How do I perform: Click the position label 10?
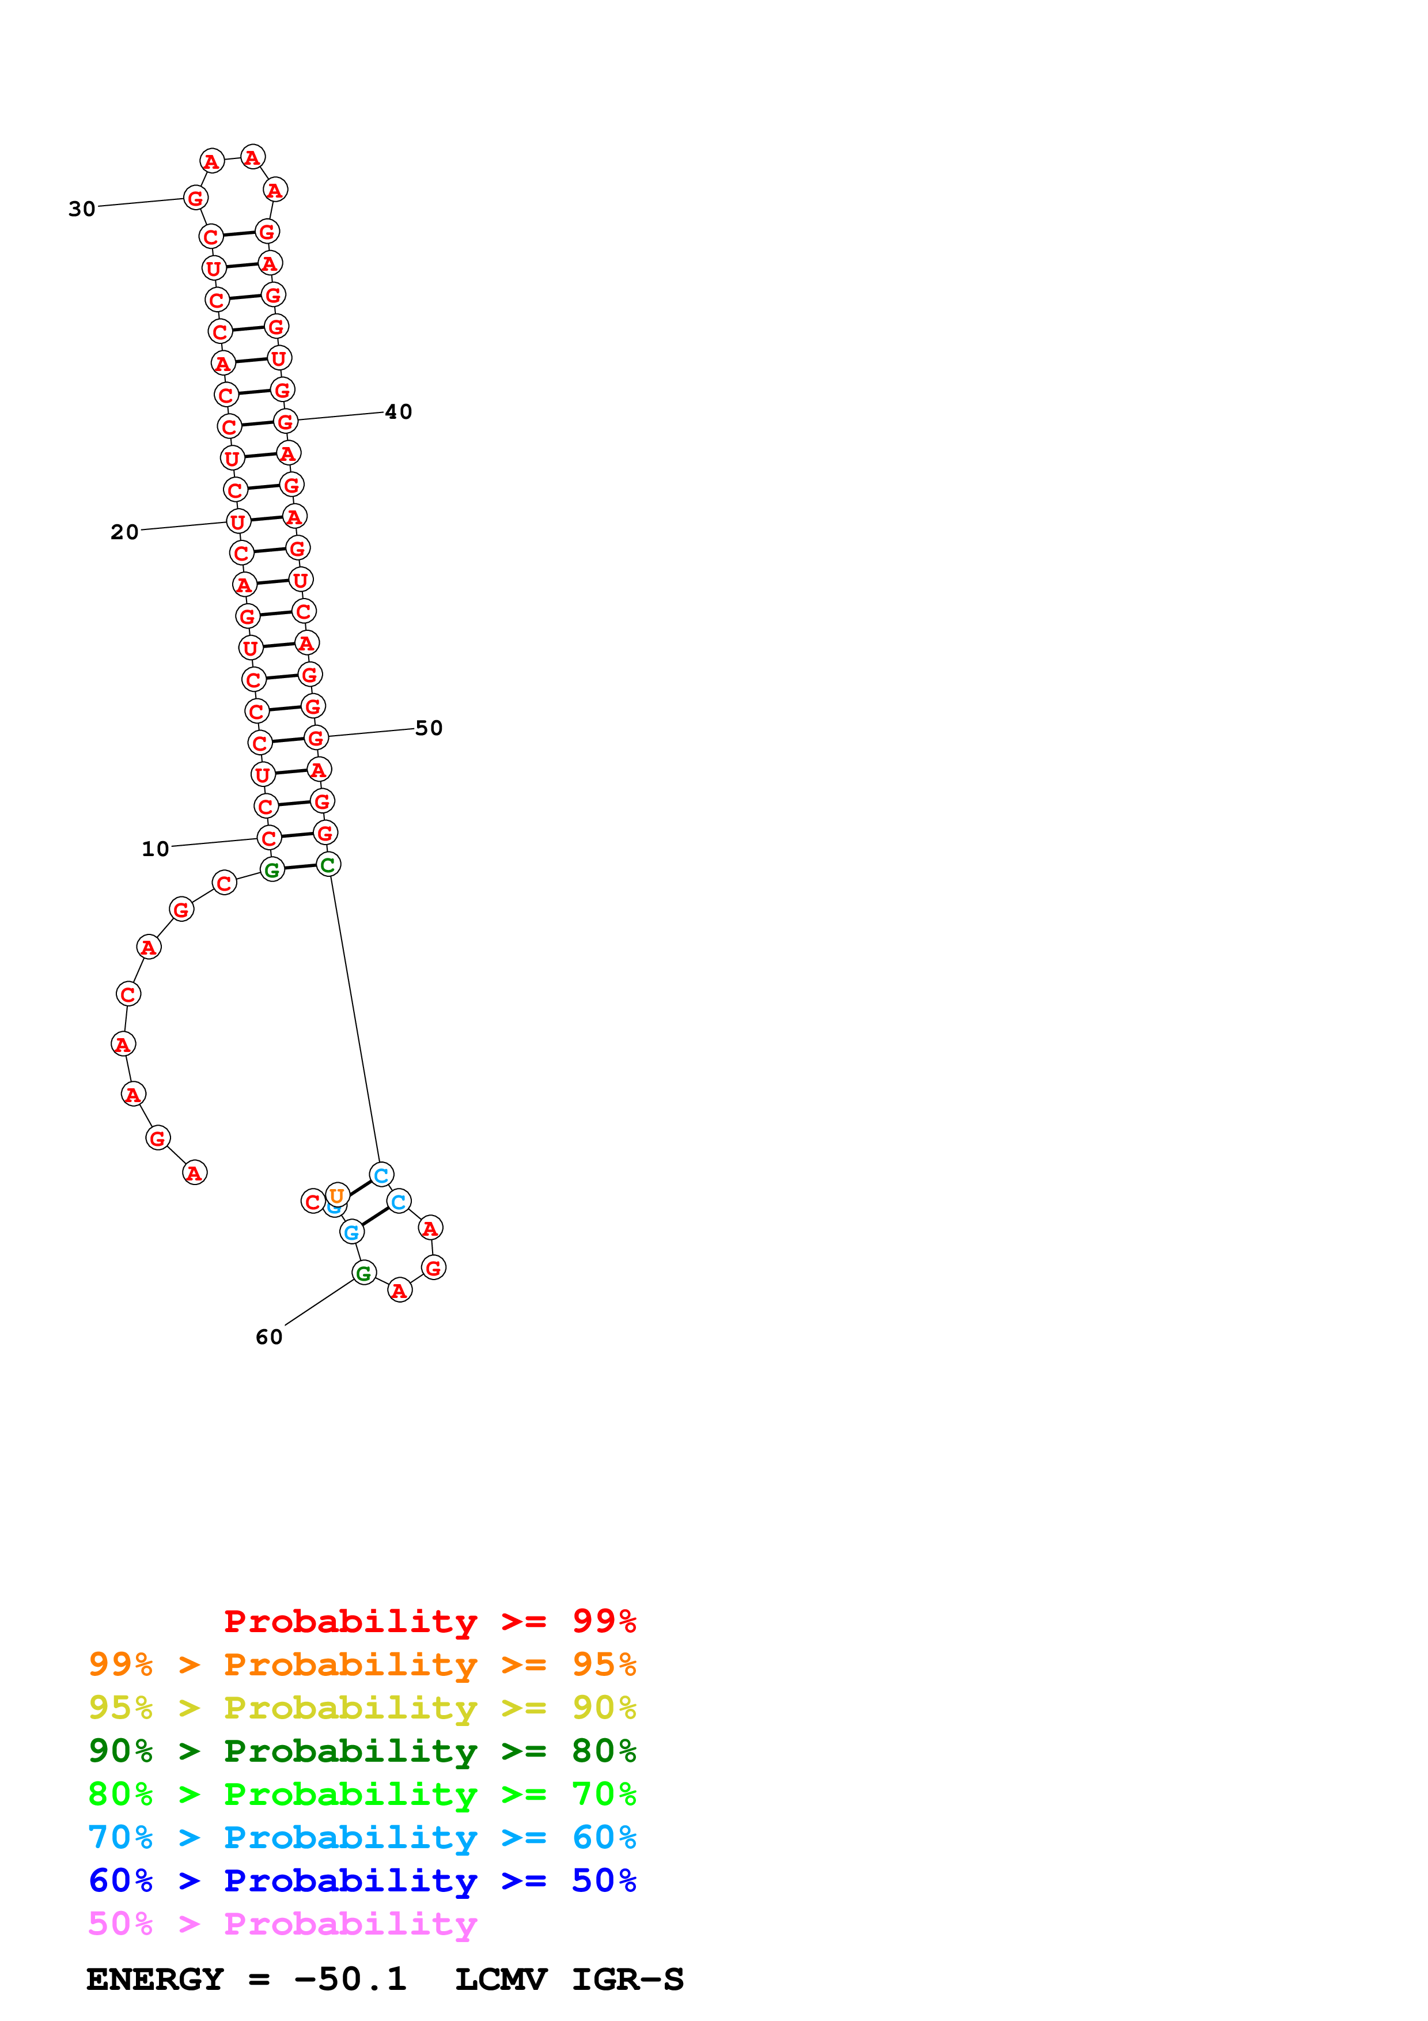pyautogui.click(x=155, y=849)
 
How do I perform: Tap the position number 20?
pyautogui.click(x=124, y=532)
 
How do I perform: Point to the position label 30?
pyautogui.click(x=82, y=209)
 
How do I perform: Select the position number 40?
pyautogui.click(x=399, y=411)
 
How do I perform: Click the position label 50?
pyautogui.click(x=429, y=728)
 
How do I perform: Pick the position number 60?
pyautogui.click(x=269, y=1337)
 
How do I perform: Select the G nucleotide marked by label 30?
pyautogui.click(x=195, y=198)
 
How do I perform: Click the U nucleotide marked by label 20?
pyautogui.click(x=237, y=522)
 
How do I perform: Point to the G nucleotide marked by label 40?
pyautogui.click(x=285, y=422)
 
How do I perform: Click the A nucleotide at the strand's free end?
pyautogui.click(x=195, y=1172)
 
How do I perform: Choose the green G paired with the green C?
pyautogui.click(x=272, y=870)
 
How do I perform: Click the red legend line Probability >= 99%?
pyautogui.click(x=429, y=1621)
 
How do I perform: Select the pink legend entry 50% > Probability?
pyautogui.click(x=282, y=1923)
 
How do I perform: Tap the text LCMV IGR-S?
pyautogui.click(x=569, y=1980)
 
